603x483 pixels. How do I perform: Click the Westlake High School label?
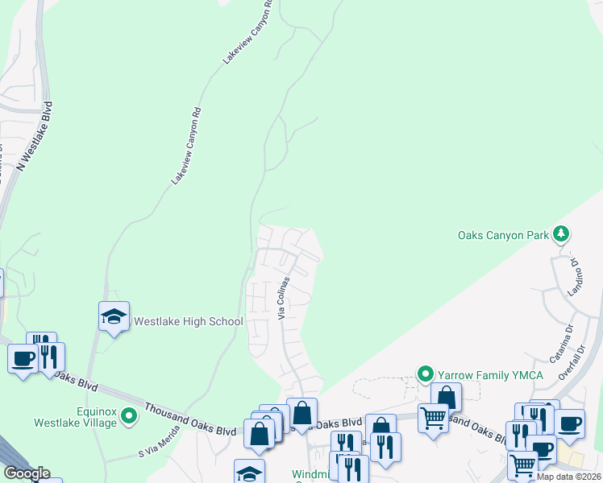(188, 322)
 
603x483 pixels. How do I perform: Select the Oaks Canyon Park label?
(503, 236)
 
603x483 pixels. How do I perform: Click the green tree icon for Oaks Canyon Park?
(561, 235)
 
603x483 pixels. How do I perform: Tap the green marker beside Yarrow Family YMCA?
(425, 374)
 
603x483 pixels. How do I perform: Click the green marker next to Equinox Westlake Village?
(150, 411)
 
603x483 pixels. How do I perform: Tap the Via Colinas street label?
(284, 299)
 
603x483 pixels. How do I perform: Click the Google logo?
(26, 473)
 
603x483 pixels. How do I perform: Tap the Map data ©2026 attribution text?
(569, 477)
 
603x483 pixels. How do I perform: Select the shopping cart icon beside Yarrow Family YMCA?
(433, 417)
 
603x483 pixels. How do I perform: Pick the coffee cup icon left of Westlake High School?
(22, 357)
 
